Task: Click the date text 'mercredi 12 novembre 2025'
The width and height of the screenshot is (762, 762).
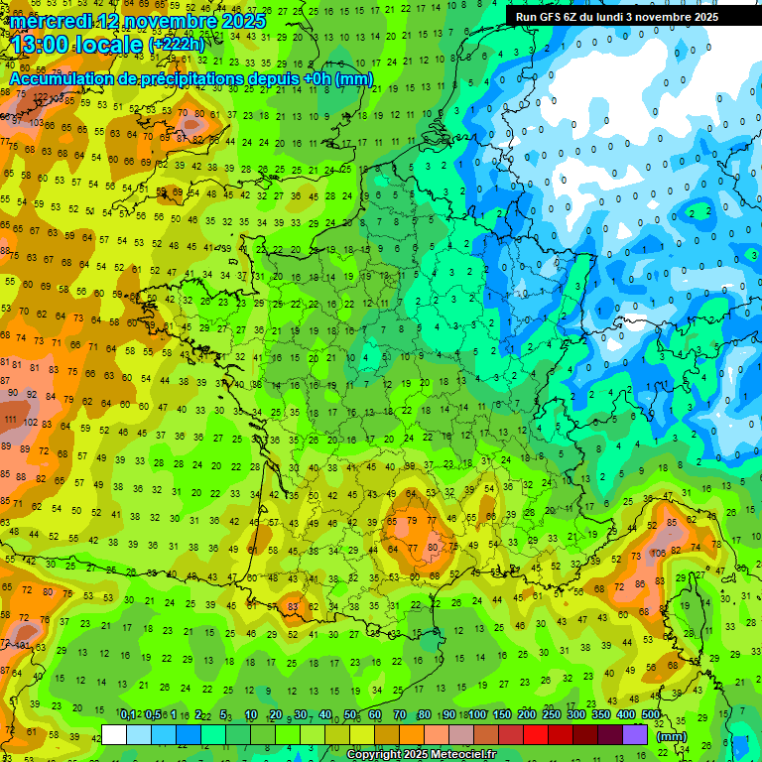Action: tap(138, 21)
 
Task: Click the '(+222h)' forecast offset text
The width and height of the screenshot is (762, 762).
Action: tap(176, 45)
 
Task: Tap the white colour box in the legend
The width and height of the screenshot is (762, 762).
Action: tap(114, 734)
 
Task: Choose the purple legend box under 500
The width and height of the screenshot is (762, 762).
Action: tap(635, 734)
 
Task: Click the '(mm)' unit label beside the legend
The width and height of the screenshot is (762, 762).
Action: tap(672, 736)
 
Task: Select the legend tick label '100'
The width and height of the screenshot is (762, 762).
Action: tap(476, 715)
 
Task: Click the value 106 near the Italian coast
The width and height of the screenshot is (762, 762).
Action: tap(658, 552)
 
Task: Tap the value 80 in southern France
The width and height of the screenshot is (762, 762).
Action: tap(432, 546)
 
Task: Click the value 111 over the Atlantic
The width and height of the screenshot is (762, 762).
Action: tap(10, 420)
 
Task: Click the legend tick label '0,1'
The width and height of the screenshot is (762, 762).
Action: tap(127, 715)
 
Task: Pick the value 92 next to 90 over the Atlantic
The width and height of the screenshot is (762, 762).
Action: tap(31, 393)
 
